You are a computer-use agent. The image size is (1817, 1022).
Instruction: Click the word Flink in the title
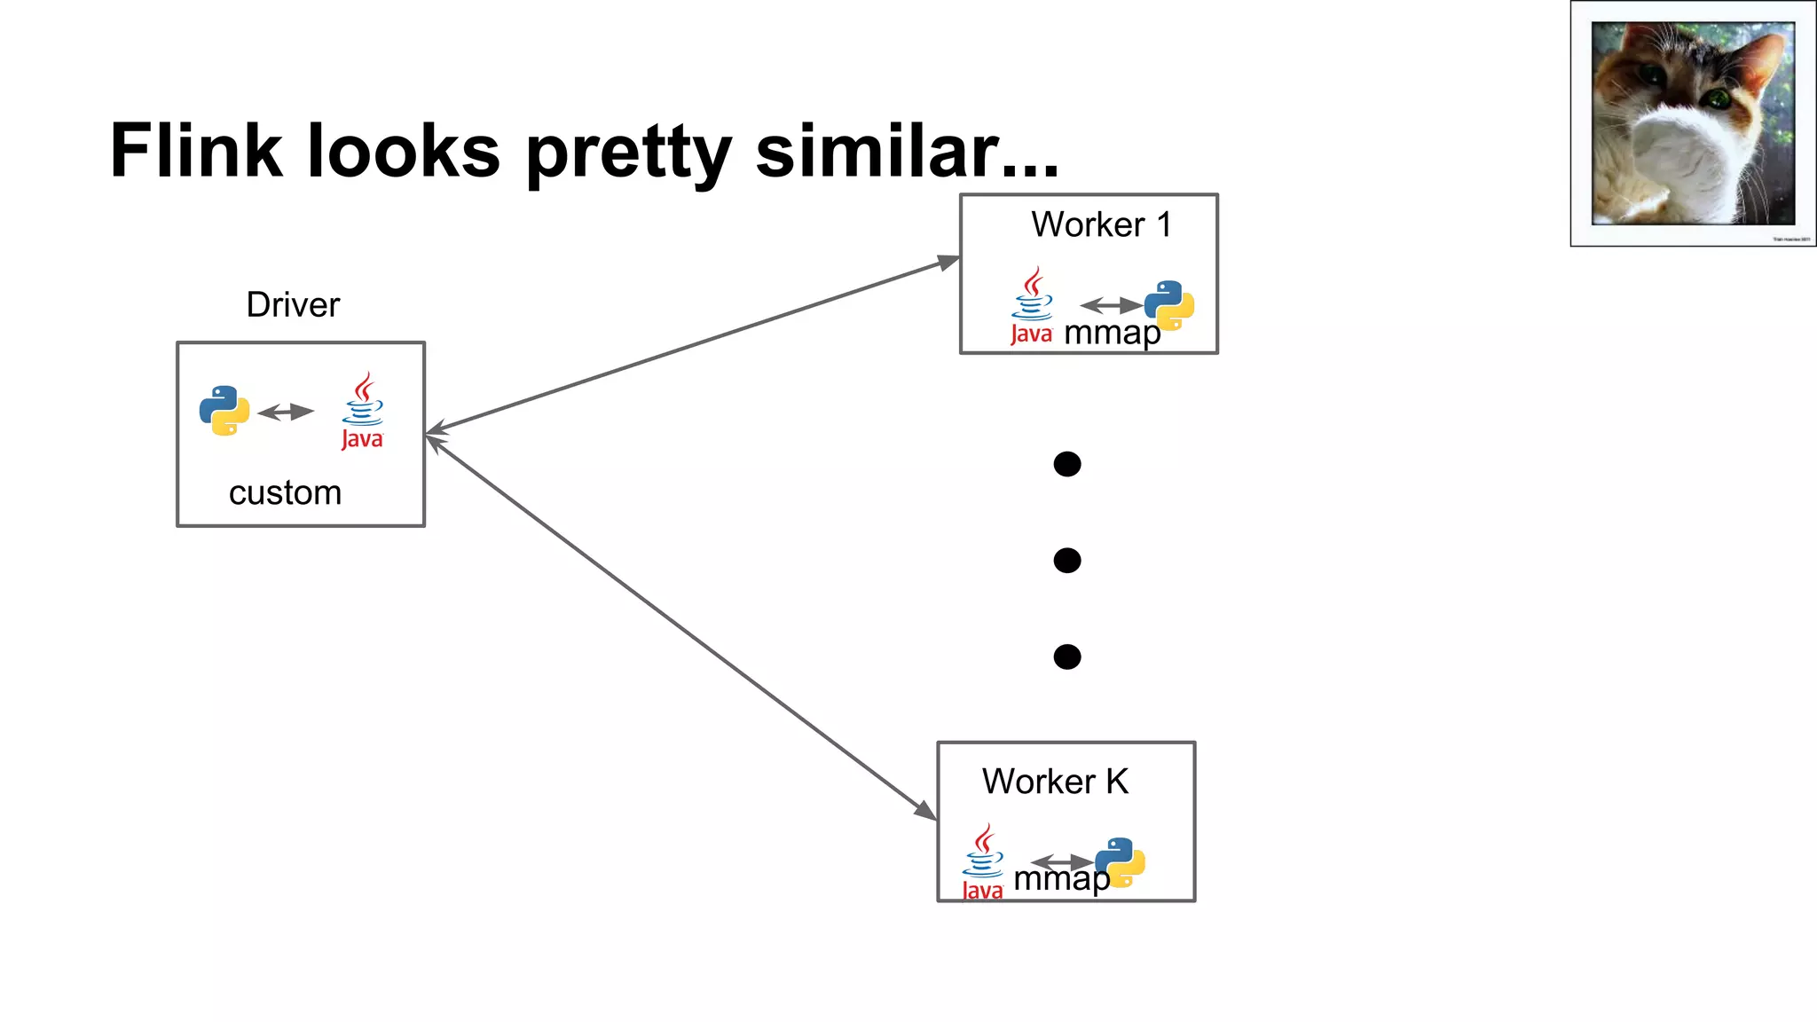click(196, 150)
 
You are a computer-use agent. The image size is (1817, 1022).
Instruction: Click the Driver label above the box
click(293, 305)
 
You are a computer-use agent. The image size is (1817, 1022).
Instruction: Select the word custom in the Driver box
click(285, 493)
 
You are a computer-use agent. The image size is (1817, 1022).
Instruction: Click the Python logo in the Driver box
click(224, 410)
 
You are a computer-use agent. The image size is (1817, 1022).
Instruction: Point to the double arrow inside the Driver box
click(286, 412)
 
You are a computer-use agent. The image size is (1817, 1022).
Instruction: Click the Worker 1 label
click(1101, 224)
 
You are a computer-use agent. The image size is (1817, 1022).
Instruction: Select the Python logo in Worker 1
click(1169, 304)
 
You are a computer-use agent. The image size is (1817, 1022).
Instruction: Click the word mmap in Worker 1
click(1111, 334)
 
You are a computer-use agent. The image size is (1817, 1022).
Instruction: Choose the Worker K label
click(1055, 782)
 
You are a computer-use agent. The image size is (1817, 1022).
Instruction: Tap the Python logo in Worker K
click(1121, 861)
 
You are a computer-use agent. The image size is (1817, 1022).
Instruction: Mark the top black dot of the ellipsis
click(1066, 464)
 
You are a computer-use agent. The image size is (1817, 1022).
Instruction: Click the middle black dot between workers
click(1066, 561)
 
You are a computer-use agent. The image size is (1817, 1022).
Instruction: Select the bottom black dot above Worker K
click(1066, 656)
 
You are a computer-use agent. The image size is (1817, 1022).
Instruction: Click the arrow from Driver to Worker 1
click(692, 347)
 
